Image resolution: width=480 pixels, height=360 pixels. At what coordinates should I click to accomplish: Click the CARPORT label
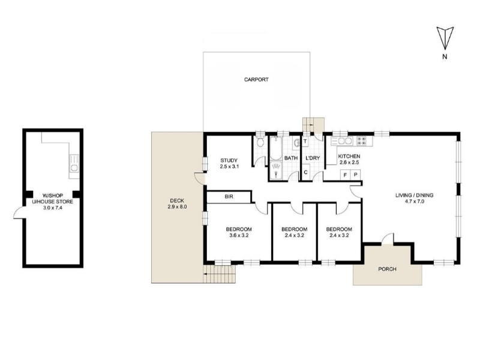click(x=256, y=80)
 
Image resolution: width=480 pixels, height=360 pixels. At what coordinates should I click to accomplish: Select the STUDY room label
click(x=229, y=160)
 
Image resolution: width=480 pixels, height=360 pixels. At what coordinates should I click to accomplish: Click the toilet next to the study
click(x=260, y=142)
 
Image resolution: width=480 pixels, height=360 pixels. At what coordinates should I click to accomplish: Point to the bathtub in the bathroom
click(x=275, y=148)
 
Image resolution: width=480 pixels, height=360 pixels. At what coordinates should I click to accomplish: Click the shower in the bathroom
click(x=276, y=170)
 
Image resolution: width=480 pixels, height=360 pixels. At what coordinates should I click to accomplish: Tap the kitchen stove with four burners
click(x=361, y=141)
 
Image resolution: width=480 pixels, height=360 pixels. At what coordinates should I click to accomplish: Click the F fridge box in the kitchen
click(x=346, y=175)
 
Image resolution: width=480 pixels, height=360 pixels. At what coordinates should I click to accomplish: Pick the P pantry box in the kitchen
click(x=355, y=175)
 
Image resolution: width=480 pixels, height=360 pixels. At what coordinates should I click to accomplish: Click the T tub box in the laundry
click(x=305, y=142)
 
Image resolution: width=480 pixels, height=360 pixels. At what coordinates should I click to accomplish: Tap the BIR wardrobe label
click(x=229, y=197)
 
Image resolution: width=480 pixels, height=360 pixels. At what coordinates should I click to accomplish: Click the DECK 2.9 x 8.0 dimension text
click(x=177, y=207)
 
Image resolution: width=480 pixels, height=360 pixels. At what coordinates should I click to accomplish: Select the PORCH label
click(x=387, y=269)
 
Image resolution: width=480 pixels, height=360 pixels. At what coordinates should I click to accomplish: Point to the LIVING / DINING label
click(x=414, y=196)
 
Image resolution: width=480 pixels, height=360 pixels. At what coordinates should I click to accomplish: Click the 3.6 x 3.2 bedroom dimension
click(x=239, y=235)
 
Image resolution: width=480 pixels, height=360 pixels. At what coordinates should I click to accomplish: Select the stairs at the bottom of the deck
click(x=220, y=274)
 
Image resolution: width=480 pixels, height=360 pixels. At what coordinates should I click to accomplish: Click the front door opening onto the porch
click(x=388, y=239)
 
